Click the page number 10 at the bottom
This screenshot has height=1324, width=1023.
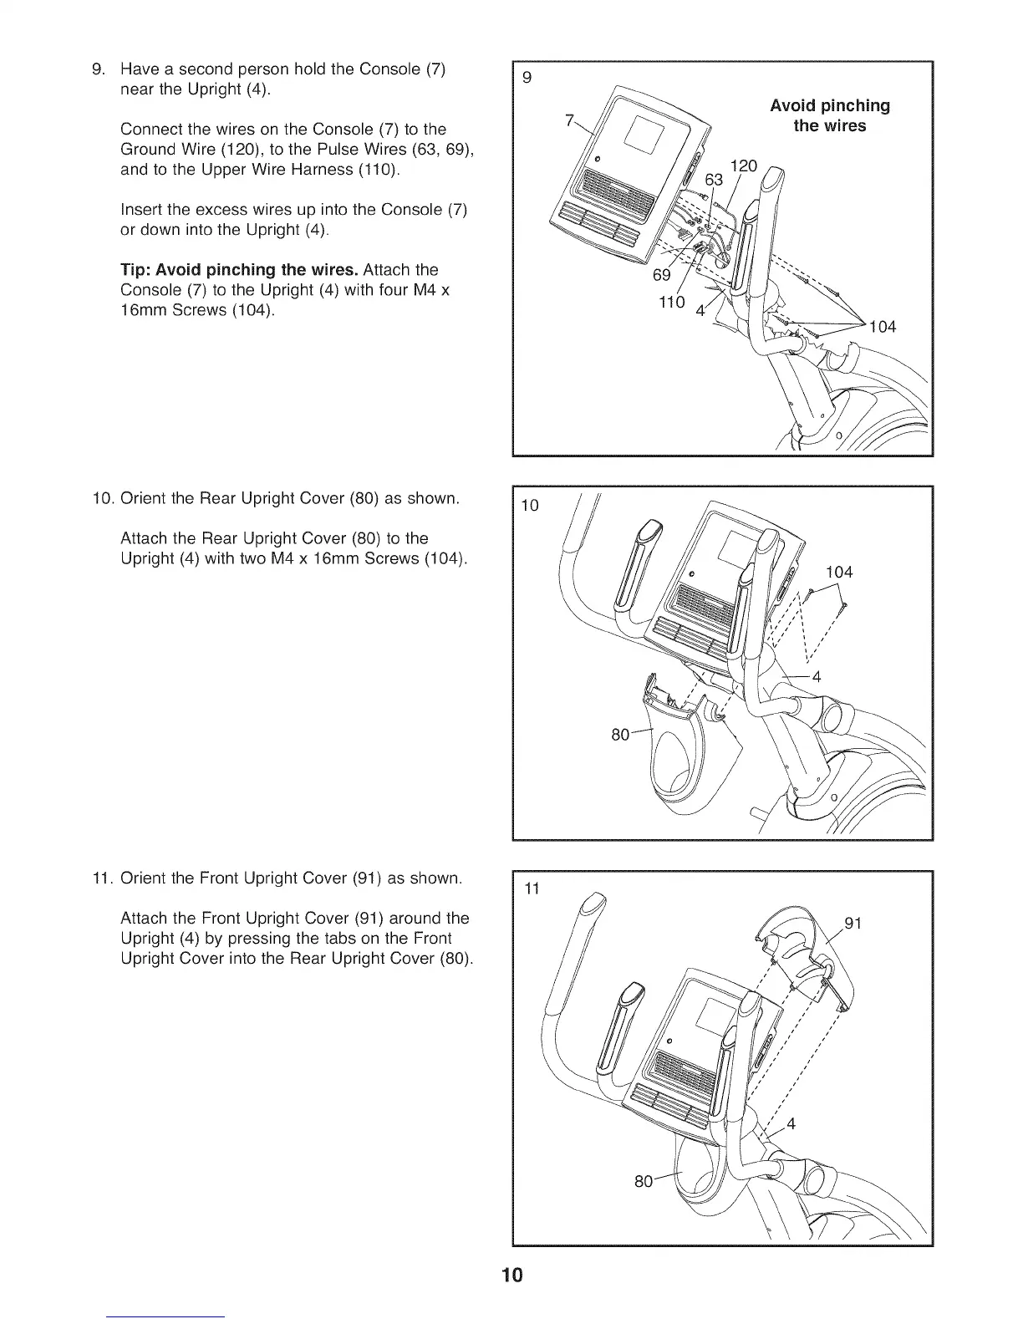pos(511,1275)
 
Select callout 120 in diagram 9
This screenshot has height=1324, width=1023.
pos(743,166)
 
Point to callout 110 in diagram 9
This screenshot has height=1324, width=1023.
pos(670,301)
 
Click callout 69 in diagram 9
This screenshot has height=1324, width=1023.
pos(661,277)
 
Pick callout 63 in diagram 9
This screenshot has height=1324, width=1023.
pos(715,181)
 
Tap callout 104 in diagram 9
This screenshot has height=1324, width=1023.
pos(881,327)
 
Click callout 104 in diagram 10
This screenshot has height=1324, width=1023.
pos(838,572)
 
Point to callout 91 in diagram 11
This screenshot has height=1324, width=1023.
pos(853,923)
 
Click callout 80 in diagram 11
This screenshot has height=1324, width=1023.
pos(644,1181)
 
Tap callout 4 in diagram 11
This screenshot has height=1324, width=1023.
pos(791,1123)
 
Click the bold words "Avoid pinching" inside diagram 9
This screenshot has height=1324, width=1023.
pos(829,106)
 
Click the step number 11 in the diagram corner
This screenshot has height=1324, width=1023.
pos(532,889)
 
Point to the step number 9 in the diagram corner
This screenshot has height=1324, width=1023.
pos(527,79)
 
